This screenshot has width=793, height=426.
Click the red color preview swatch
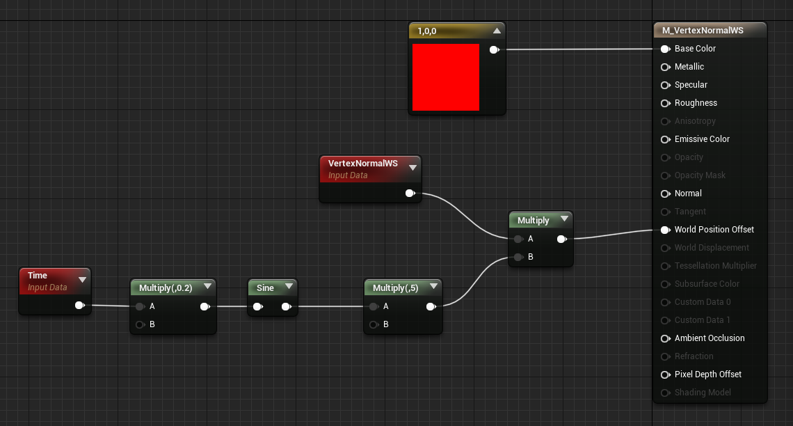coord(446,77)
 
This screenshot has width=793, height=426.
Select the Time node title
coord(38,276)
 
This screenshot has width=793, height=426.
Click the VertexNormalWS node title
coord(362,164)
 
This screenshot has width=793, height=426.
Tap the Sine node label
coord(265,288)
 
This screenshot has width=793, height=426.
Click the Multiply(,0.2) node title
coord(166,288)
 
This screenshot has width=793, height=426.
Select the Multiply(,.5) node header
coord(395,288)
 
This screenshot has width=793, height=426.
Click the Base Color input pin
coord(665,49)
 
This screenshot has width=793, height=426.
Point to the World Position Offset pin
coord(665,230)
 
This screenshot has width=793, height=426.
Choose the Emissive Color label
coord(702,139)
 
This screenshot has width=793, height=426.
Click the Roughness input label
coord(696,103)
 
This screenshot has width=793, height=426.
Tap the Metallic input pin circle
coord(665,67)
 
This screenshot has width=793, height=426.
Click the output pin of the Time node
coord(79,305)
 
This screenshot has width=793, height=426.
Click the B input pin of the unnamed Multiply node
coord(518,257)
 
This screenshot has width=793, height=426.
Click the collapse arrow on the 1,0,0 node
coord(497,31)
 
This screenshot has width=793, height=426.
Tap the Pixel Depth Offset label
coord(708,374)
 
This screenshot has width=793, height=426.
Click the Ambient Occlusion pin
coord(665,338)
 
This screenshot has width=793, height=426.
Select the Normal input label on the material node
coord(688,194)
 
